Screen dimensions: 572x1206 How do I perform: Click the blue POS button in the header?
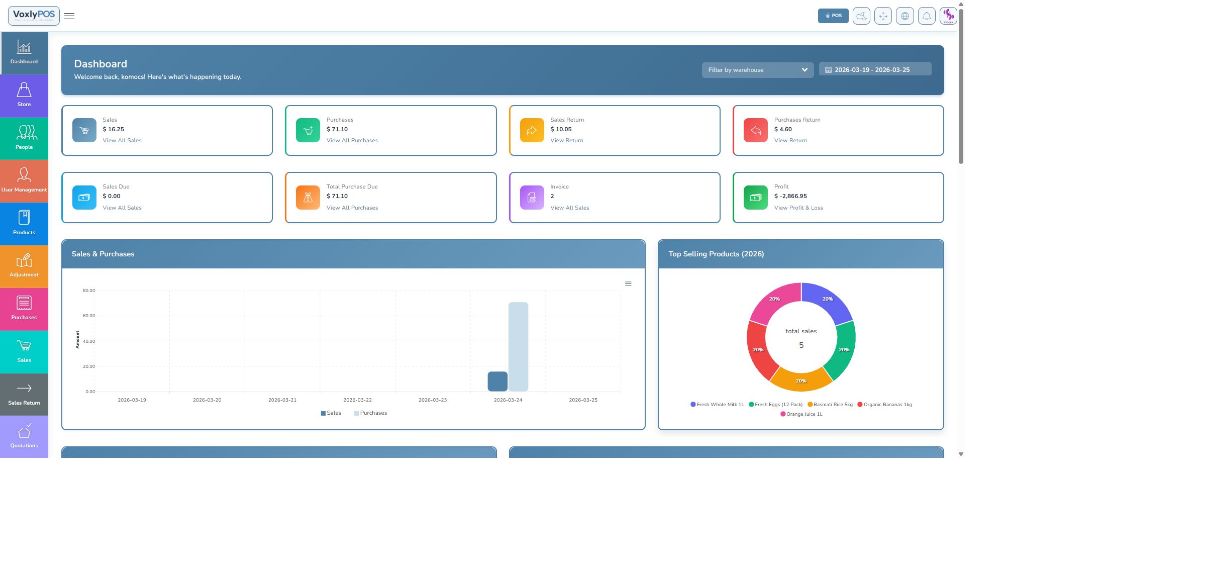pos(833,16)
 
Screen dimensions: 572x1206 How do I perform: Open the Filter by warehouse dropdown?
pos(757,70)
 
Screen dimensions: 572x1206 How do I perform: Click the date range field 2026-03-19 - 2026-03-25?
pos(875,70)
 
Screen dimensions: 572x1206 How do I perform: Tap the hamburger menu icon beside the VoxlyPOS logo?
pos(69,16)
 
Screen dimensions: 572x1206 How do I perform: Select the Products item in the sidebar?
pos(24,224)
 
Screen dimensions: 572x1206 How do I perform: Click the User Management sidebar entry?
pos(24,181)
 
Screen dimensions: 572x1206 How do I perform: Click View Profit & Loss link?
pos(798,208)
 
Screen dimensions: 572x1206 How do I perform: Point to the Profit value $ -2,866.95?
pos(790,196)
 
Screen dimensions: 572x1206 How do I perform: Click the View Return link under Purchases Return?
pos(790,141)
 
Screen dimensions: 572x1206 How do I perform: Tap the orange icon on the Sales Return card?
pos(532,130)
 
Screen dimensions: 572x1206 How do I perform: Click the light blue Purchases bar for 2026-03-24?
pos(518,346)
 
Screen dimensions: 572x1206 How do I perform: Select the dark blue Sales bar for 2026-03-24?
pos(497,382)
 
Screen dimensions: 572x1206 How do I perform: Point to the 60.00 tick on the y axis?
pos(89,316)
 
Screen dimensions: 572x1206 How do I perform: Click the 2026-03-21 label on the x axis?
pos(282,400)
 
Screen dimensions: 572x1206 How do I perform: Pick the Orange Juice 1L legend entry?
pos(801,414)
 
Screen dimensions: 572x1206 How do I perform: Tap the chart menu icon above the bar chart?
pos(628,283)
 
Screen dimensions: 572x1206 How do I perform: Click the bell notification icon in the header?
pos(926,16)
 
